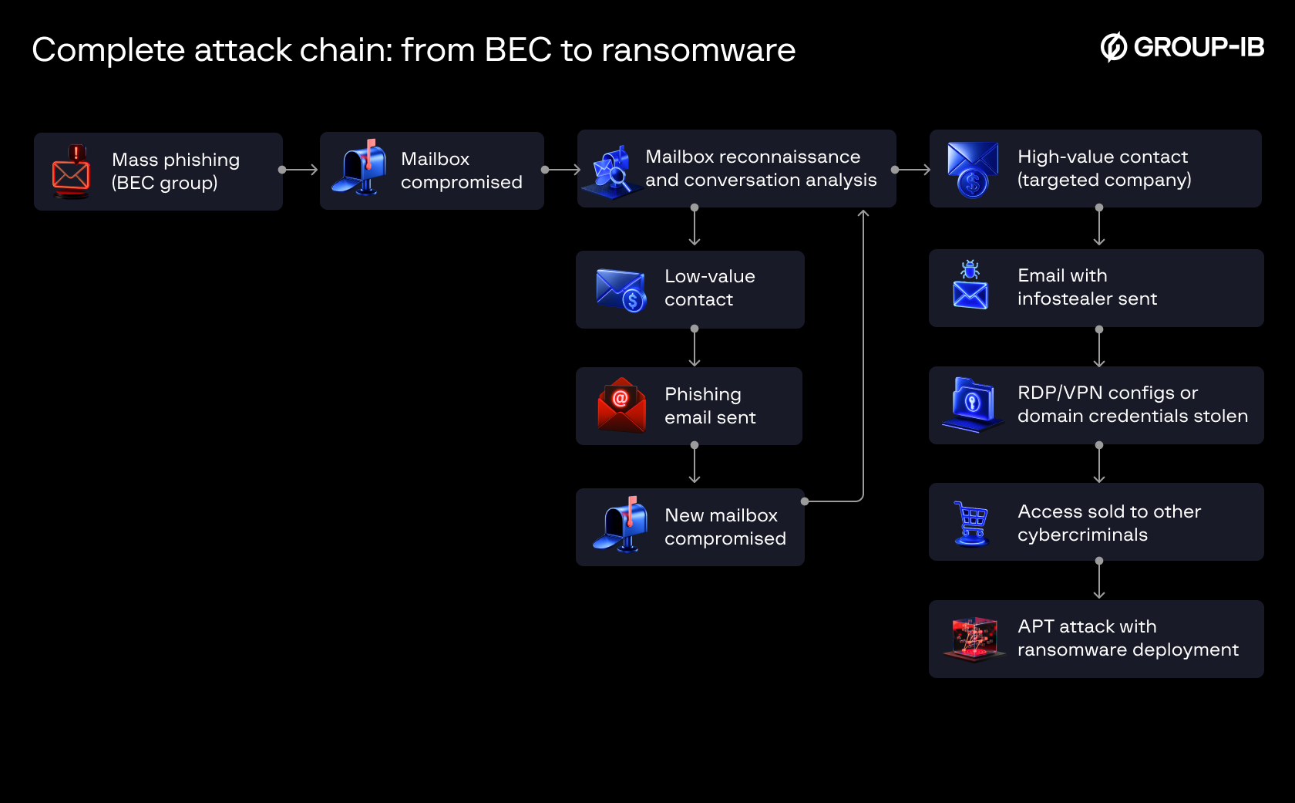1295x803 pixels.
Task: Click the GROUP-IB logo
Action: tap(1182, 48)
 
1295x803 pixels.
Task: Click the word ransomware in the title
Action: tap(698, 51)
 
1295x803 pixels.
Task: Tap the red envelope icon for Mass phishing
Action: tap(71, 172)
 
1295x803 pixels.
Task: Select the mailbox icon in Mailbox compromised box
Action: tap(360, 168)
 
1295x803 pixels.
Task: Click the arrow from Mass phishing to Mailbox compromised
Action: tap(299, 170)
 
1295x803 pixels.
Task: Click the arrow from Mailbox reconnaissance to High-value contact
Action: tap(912, 170)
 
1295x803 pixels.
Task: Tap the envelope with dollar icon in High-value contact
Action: tap(972, 169)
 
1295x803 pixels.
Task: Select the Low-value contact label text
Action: tap(709, 288)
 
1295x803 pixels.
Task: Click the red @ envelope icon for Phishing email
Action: tap(621, 405)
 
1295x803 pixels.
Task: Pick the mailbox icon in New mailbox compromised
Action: tap(621, 525)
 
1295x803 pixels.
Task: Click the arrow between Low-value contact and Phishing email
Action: tap(695, 347)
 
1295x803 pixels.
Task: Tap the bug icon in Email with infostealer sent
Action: tap(970, 270)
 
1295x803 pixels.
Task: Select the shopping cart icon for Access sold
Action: tap(971, 523)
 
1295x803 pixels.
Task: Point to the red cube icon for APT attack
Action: tap(974, 639)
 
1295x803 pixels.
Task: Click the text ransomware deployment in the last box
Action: tap(1127, 650)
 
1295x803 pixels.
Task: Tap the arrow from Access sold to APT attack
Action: tap(1099, 579)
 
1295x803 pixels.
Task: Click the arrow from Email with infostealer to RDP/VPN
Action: tap(1099, 347)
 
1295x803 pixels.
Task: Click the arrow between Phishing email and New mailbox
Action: tap(695, 464)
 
